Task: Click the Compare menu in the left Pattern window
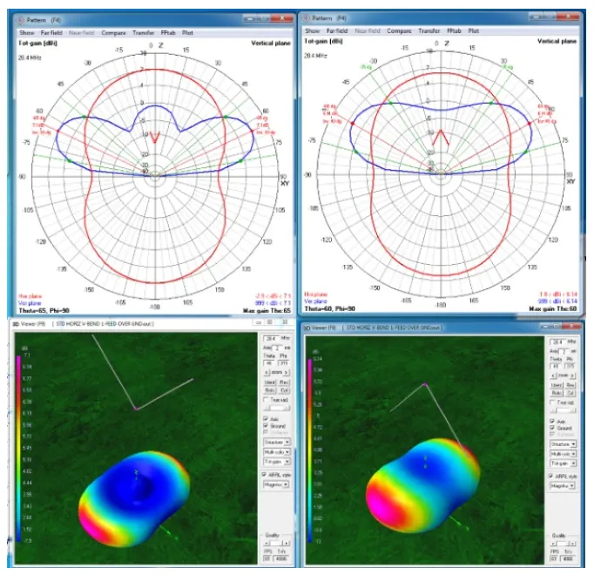pyautogui.click(x=113, y=32)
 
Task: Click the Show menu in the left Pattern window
pyautogui.click(x=27, y=32)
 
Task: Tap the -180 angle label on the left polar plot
pyautogui.click(x=155, y=307)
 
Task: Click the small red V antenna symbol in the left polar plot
pyautogui.click(x=154, y=138)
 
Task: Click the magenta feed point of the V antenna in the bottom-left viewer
pyautogui.click(x=135, y=408)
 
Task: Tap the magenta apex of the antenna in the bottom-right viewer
pyautogui.click(x=425, y=384)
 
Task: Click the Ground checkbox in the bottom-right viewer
pyautogui.click(x=552, y=429)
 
